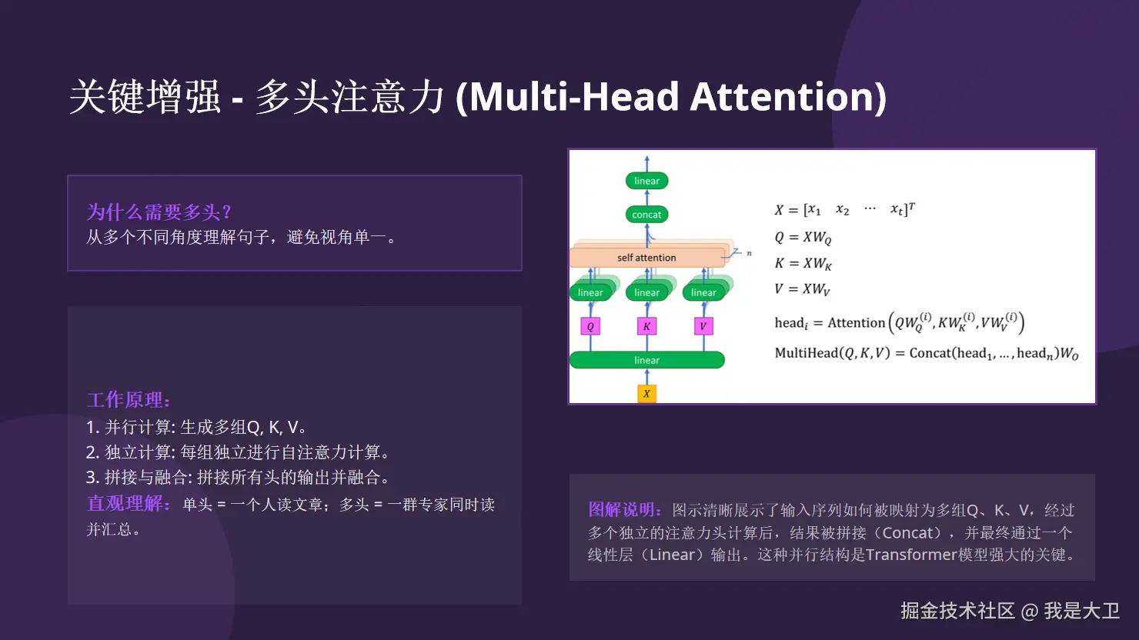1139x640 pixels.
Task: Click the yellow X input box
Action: pyautogui.click(x=646, y=393)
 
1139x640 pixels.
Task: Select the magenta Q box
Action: pyautogui.click(x=590, y=326)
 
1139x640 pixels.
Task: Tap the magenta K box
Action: pyautogui.click(x=646, y=326)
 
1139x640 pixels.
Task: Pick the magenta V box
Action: pyautogui.click(x=703, y=326)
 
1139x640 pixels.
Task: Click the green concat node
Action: pyautogui.click(x=646, y=215)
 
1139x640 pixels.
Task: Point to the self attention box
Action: pyautogui.click(x=646, y=258)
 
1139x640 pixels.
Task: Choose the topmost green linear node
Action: pyautogui.click(x=646, y=181)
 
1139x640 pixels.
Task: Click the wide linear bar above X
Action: pyautogui.click(x=646, y=360)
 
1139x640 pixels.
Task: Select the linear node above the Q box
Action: pyautogui.click(x=590, y=292)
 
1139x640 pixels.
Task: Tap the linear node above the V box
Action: pyautogui.click(x=703, y=292)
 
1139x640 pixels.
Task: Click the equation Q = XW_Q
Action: pyautogui.click(x=803, y=238)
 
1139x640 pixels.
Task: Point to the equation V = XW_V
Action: pyautogui.click(x=802, y=288)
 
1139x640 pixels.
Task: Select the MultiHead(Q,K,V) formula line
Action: pyautogui.click(x=926, y=353)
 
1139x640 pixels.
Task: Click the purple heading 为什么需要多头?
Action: pyautogui.click(x=159, y=212)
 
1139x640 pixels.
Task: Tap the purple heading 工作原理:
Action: pyautogui.click(x=129, y=400)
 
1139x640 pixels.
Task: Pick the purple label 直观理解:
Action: pyautogui.click(x=129, y=504)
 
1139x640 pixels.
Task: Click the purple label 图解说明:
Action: pyautogui.click(x=626, y=509)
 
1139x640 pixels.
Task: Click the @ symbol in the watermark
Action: pyautogui.click(x=1029, y=612)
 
